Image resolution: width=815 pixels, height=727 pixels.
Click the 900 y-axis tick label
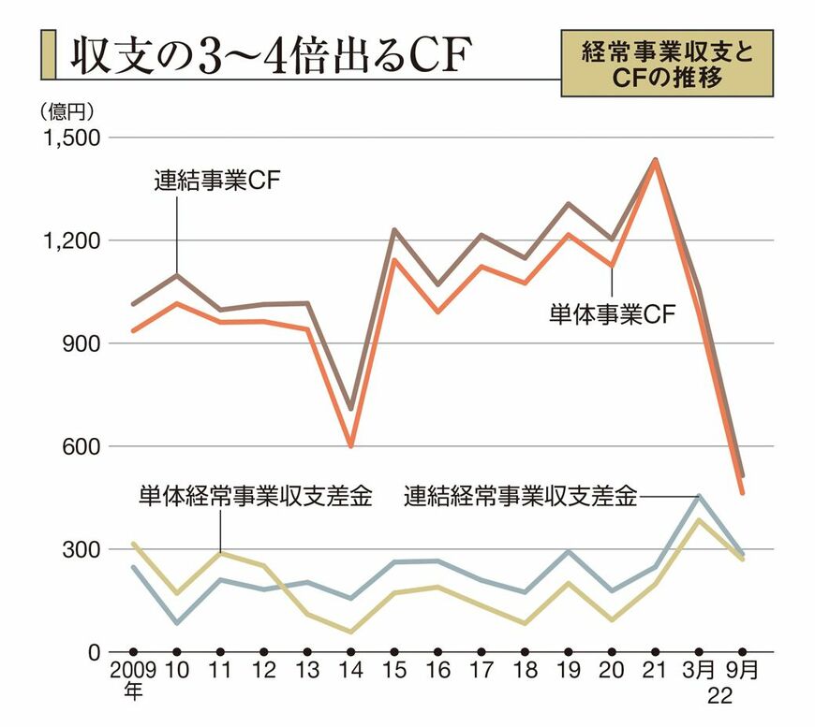[x=81, y=344]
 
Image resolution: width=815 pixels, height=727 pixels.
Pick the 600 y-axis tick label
[x=81, y=447]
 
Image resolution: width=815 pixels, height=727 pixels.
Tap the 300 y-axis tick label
[x=81, y=550]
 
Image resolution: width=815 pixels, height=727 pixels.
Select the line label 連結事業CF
[x=217, y=180]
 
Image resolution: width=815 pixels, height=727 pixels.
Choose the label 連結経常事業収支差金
[x=521, y=496]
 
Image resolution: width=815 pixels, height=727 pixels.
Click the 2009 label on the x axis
[x=132, y=672]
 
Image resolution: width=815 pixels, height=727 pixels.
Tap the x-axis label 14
[x=350, y=672]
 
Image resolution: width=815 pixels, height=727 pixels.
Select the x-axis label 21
[x=655, y=672]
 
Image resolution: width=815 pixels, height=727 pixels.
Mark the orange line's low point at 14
[x=350, y=446]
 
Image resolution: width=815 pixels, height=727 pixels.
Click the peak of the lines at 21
[x=655, y=161]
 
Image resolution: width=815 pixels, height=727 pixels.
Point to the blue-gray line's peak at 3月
[x=699, y=496]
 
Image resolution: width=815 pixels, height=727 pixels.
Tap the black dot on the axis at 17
[x=481, y=651]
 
